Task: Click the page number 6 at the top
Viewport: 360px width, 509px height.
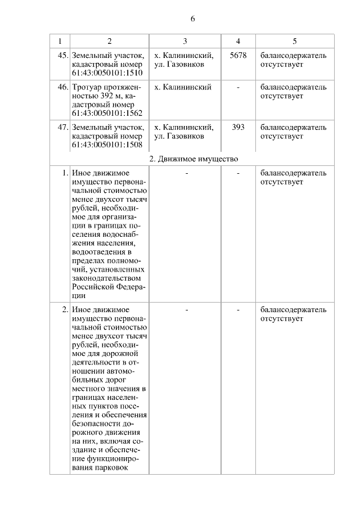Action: [x=192, y=19]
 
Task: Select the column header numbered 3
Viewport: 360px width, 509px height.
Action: [x=185, y=41]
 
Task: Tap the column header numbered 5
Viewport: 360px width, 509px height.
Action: [x=295, y=41]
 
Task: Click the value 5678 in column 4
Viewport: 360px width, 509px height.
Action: [x=238, y=56]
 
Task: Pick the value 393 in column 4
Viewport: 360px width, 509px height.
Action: [x=238, y=127]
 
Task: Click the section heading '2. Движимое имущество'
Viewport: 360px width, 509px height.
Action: [x=193, y=159]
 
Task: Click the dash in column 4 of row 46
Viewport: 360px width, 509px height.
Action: [x=238, y=87]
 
